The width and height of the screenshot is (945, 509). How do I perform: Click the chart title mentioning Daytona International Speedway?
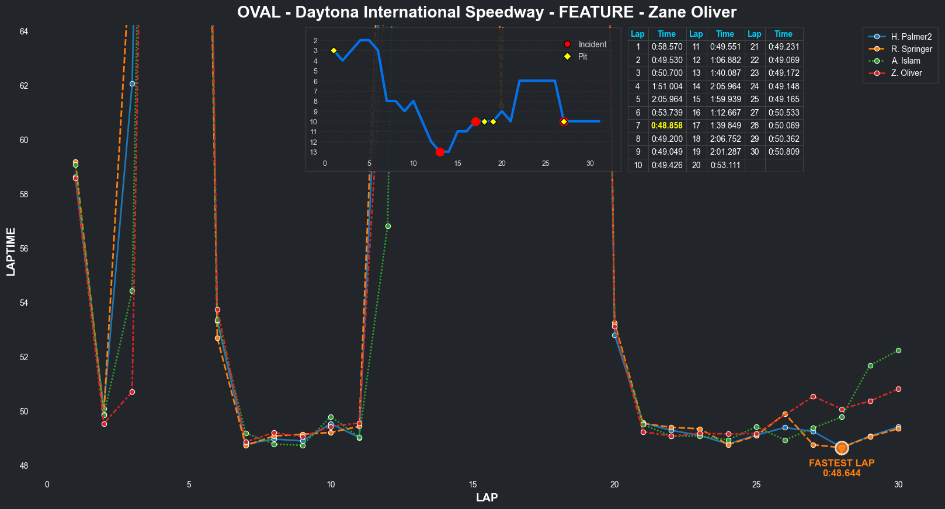tap(487, 12)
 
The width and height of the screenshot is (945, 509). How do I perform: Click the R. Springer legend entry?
tap(911, 49)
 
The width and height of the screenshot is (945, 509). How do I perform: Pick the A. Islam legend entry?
tap(905, 61)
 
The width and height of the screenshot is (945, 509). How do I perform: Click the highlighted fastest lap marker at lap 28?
tap(842, 448)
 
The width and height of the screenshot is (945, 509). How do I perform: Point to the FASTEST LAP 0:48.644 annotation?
tap(842, 468)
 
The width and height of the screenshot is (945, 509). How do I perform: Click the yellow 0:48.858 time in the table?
tap(666, 125)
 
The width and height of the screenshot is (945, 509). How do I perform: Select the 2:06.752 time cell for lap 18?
tap(725, 139)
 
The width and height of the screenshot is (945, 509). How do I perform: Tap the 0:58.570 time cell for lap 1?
tap(666, 47)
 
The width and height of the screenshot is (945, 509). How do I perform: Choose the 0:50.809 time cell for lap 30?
tap(783, 152)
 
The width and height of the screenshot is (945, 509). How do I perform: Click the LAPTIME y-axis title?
tap(11, 252)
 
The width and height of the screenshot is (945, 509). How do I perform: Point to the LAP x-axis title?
tap(487, 497)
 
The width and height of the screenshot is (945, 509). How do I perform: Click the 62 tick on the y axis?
tap(23, 86)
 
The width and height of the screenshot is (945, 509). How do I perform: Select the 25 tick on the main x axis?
tap(756, 484)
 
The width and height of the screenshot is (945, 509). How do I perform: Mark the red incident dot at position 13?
tap(440, 152)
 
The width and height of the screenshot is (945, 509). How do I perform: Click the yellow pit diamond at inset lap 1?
tap(333, 51)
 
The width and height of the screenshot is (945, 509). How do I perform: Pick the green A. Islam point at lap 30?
tap(898, 350)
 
